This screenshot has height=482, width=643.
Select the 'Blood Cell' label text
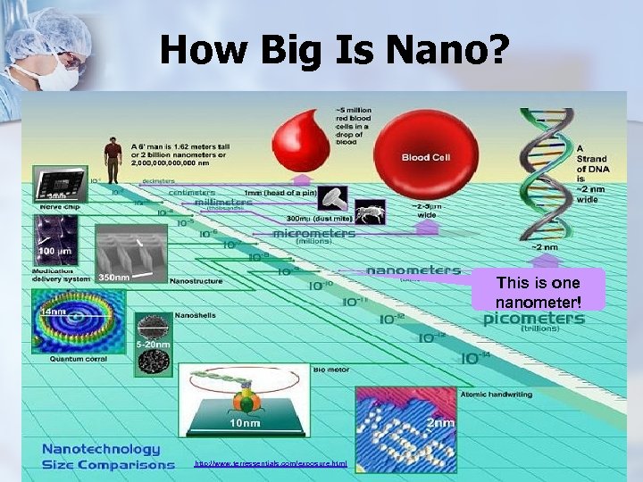pos(428,157)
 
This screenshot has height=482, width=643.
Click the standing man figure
pos(113,159)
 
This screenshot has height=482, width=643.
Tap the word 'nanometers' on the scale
pos(413,270)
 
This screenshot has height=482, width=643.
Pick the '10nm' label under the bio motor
pos(246,422)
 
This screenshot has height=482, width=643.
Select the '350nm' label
pos(115,278)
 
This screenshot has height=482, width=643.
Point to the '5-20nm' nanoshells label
pos(153,345)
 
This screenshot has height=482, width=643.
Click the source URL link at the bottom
pos(270,464)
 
